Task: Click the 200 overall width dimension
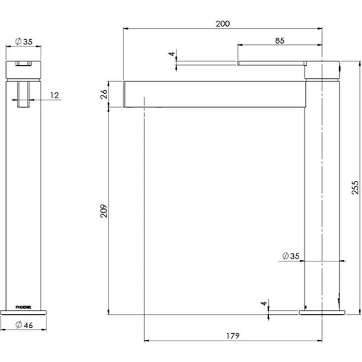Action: pyautogui.click(x=222, y=24)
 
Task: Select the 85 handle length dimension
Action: pyautogui.click(x=280, y=41)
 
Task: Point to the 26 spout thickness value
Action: pyautogui.click(x=103, y=94)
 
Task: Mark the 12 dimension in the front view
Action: pyautogui.click(x=56, y=95)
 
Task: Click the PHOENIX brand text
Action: pyautogui.click(x=25, y=303)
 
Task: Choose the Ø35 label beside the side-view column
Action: pyautogui.click(x=290, y=257)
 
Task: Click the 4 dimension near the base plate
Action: pyautogui.click(x=264, y=303)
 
